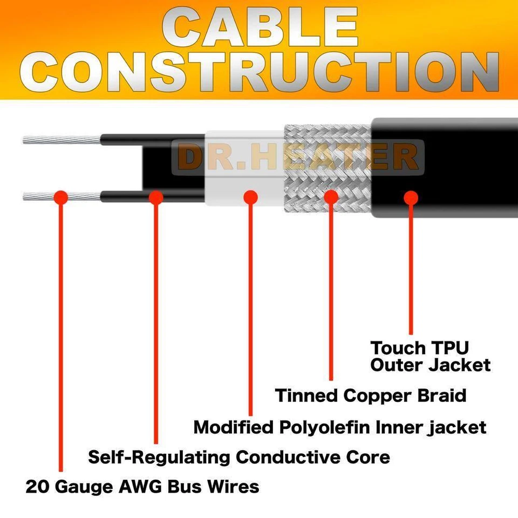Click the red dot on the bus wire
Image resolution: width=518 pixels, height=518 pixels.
coord(61,197)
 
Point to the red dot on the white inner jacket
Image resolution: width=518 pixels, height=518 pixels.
coord(250,197)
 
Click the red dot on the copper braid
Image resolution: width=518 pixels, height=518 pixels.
coord(331,197)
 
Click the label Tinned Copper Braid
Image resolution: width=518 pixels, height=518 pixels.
coord(371,396)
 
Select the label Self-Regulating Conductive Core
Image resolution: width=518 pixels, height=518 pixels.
coord(239,458)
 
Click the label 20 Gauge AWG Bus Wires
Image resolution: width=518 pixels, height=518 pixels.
coord(142,487)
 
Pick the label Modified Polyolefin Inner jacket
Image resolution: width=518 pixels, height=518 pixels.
coord(340,427)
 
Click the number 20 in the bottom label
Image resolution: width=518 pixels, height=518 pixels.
coord(37,487)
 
